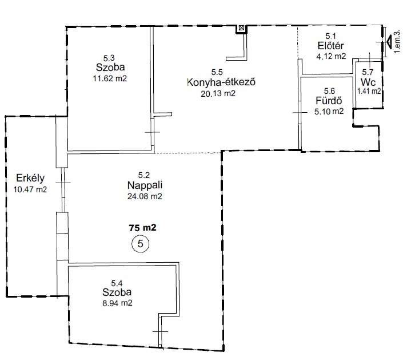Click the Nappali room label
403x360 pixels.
tap(145, 185)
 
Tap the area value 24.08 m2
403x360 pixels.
tap(145, 196)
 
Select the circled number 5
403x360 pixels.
tap(140, 243)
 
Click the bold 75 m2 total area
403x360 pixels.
tap(143, 228)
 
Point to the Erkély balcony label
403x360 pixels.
tap(30, 178)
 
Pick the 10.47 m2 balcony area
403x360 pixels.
tap(30, 189)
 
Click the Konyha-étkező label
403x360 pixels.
tap(221, 82)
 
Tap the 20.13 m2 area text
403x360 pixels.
tap(218, 93)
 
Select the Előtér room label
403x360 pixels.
tap(330, 46)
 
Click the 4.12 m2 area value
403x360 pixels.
tap(331, 56)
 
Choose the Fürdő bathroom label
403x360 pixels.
tap(329, 100)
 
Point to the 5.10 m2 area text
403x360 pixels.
tap(329, 112)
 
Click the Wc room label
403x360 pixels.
tap(368, 82)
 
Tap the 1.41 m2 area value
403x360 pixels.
tap(369, 91)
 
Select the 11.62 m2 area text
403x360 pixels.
tap(110, 78)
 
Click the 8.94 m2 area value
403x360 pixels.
tap(117, 303)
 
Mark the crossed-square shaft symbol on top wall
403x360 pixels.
tap(241, 28)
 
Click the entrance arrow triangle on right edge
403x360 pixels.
tap(389, 42)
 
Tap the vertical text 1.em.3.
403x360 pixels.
tap(397, 41)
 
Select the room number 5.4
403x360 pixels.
tap(117, 283)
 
